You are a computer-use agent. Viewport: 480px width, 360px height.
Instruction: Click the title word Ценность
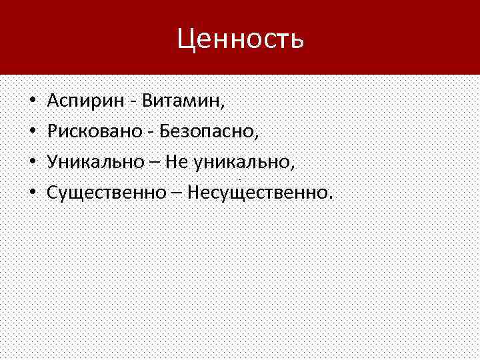(x=241, y=39)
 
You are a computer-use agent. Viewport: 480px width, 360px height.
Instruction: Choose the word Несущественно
(x=256, y=193)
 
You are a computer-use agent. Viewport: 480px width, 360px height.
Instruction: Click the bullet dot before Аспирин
(x=32, y=103)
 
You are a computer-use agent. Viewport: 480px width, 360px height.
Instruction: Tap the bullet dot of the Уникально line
(x=32, y=163)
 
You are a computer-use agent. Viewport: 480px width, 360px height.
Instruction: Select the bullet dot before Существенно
(x=32, y=193)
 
